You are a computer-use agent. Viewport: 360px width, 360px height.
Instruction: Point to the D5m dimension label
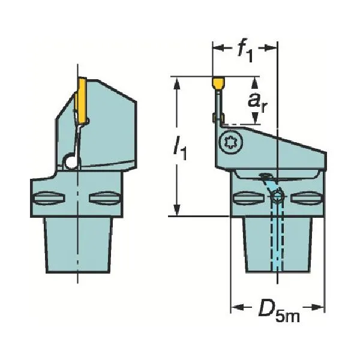277,312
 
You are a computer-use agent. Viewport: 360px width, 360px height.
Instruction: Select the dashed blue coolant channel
277,240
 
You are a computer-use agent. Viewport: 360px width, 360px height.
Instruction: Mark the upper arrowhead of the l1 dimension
177,82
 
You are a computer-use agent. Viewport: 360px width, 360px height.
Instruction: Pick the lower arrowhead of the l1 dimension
177,211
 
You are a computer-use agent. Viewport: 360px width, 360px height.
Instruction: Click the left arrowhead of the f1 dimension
215,48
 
